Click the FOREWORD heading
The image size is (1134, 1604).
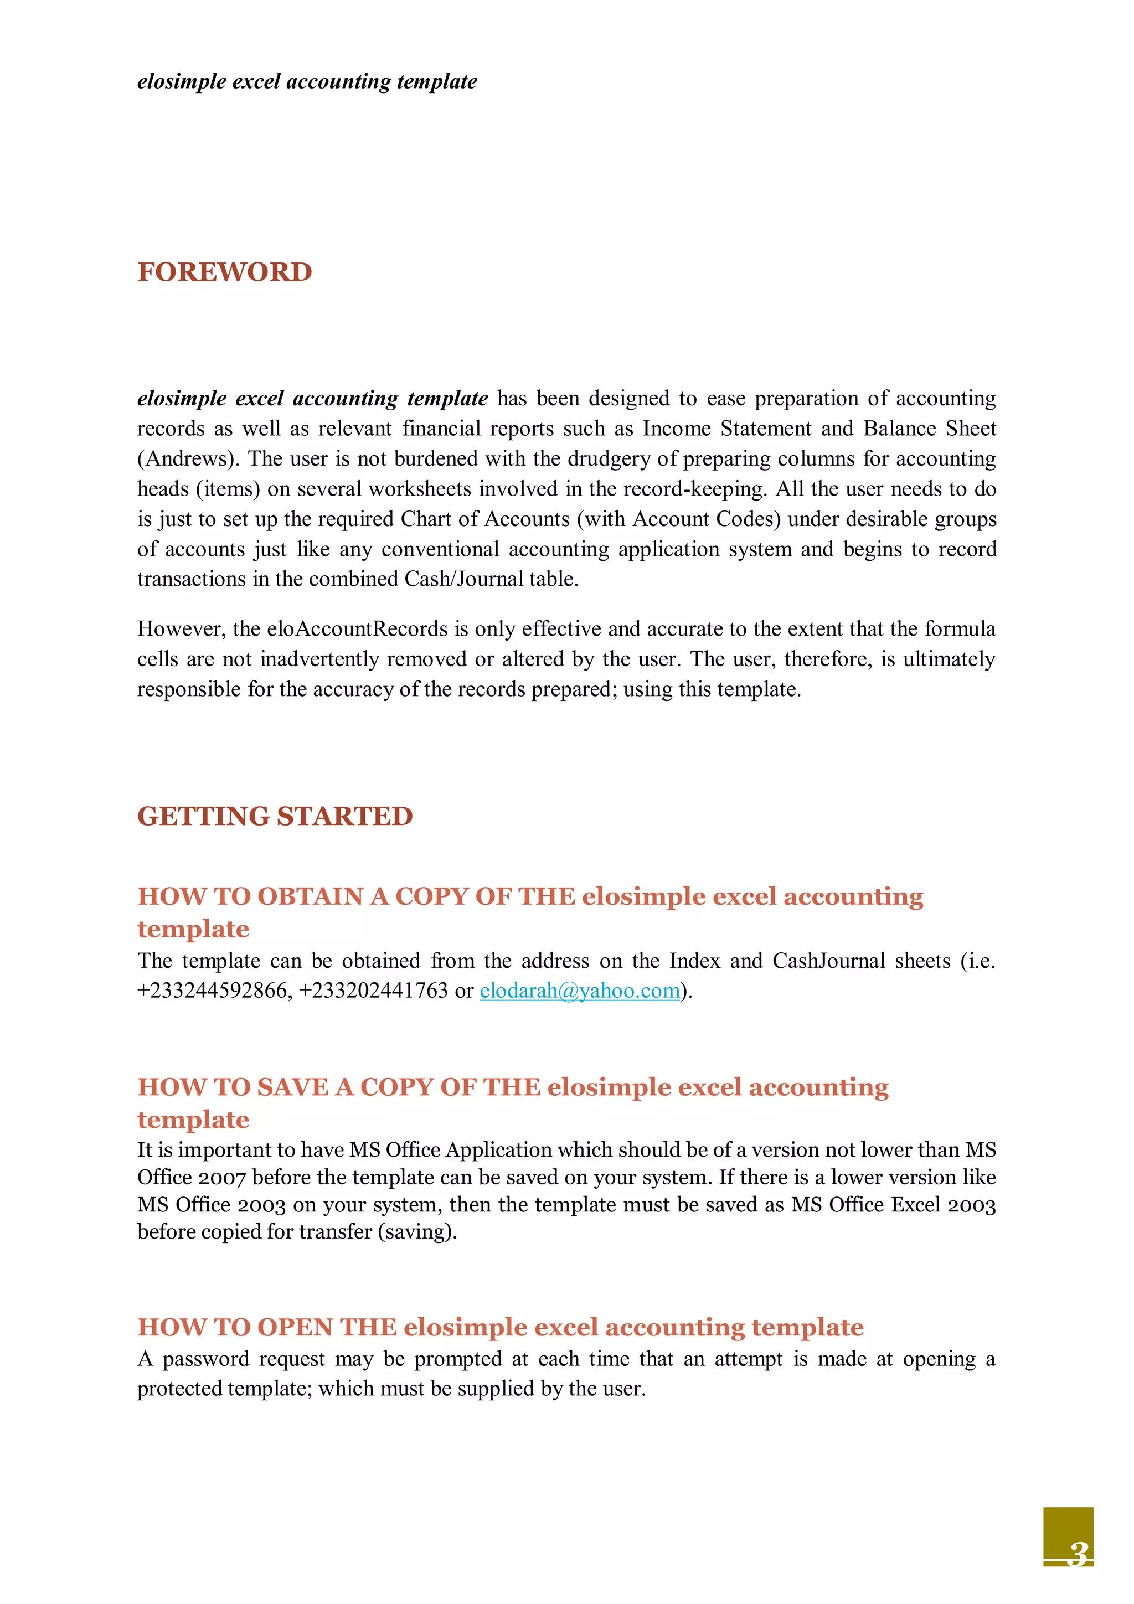224,272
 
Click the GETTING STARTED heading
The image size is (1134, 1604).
275,816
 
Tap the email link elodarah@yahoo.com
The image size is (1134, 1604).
579,991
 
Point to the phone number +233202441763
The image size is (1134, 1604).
373,991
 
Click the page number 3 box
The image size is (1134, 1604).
1068,1537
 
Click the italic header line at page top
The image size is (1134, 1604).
307,82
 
